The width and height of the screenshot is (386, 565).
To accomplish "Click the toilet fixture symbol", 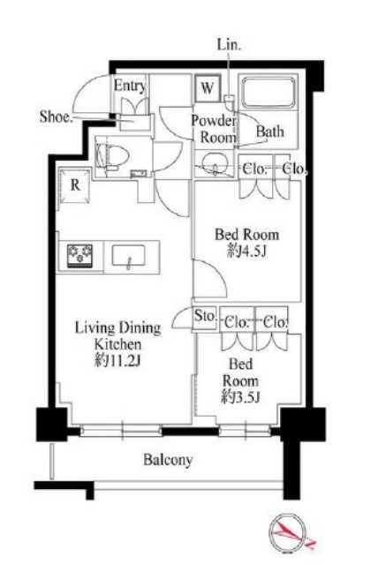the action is tap(112, 157).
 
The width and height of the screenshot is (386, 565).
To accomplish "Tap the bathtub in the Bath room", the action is tap(268, 92).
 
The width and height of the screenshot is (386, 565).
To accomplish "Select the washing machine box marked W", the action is tap(208, 87).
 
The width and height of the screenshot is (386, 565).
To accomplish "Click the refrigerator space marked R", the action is tap(75, 185).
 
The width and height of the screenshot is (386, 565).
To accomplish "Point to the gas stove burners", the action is tap(80, 255).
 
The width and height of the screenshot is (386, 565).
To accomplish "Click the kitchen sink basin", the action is tap(128, 255).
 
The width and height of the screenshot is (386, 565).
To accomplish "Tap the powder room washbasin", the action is tap(216, 164).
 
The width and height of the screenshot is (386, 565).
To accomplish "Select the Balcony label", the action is tap(168, 460).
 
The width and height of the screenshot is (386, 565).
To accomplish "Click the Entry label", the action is tap(130, 87).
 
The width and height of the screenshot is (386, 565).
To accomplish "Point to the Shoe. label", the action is tap(56, 117).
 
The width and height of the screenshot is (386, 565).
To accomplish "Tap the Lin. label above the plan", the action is tap(229, 45).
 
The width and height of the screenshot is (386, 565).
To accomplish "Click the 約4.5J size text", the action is tap(247, 252).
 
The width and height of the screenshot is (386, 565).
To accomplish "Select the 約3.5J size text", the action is tap(240, 396).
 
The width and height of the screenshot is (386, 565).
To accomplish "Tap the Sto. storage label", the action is tap(205, 316).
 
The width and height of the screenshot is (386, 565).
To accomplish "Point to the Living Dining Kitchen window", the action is tap(121, 430).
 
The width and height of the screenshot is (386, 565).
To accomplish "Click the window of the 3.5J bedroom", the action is tap(245, 430).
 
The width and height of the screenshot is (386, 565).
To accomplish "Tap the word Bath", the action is tap(270, 132).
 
